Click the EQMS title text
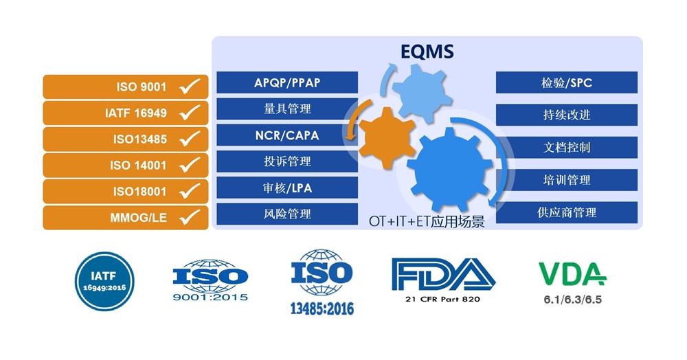coord(427,52)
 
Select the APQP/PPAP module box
coord(287,82)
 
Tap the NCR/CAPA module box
coord(287,135)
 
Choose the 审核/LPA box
coord(287,188)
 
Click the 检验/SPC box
coord(567,82)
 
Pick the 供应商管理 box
coord(567,212)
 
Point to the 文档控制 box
coord(567,147)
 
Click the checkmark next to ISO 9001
coord(190,86)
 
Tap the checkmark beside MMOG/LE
coord(190,216)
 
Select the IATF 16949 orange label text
coord(136,113)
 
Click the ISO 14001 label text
coord(138,166)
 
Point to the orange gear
coord(386,137)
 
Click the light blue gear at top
coord(422,93)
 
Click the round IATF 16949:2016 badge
coord(104,281)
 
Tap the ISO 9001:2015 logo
coord(210,280)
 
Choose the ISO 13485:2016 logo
coord(322,282)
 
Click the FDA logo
coord(443,280)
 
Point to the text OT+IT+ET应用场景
coord(427,221)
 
